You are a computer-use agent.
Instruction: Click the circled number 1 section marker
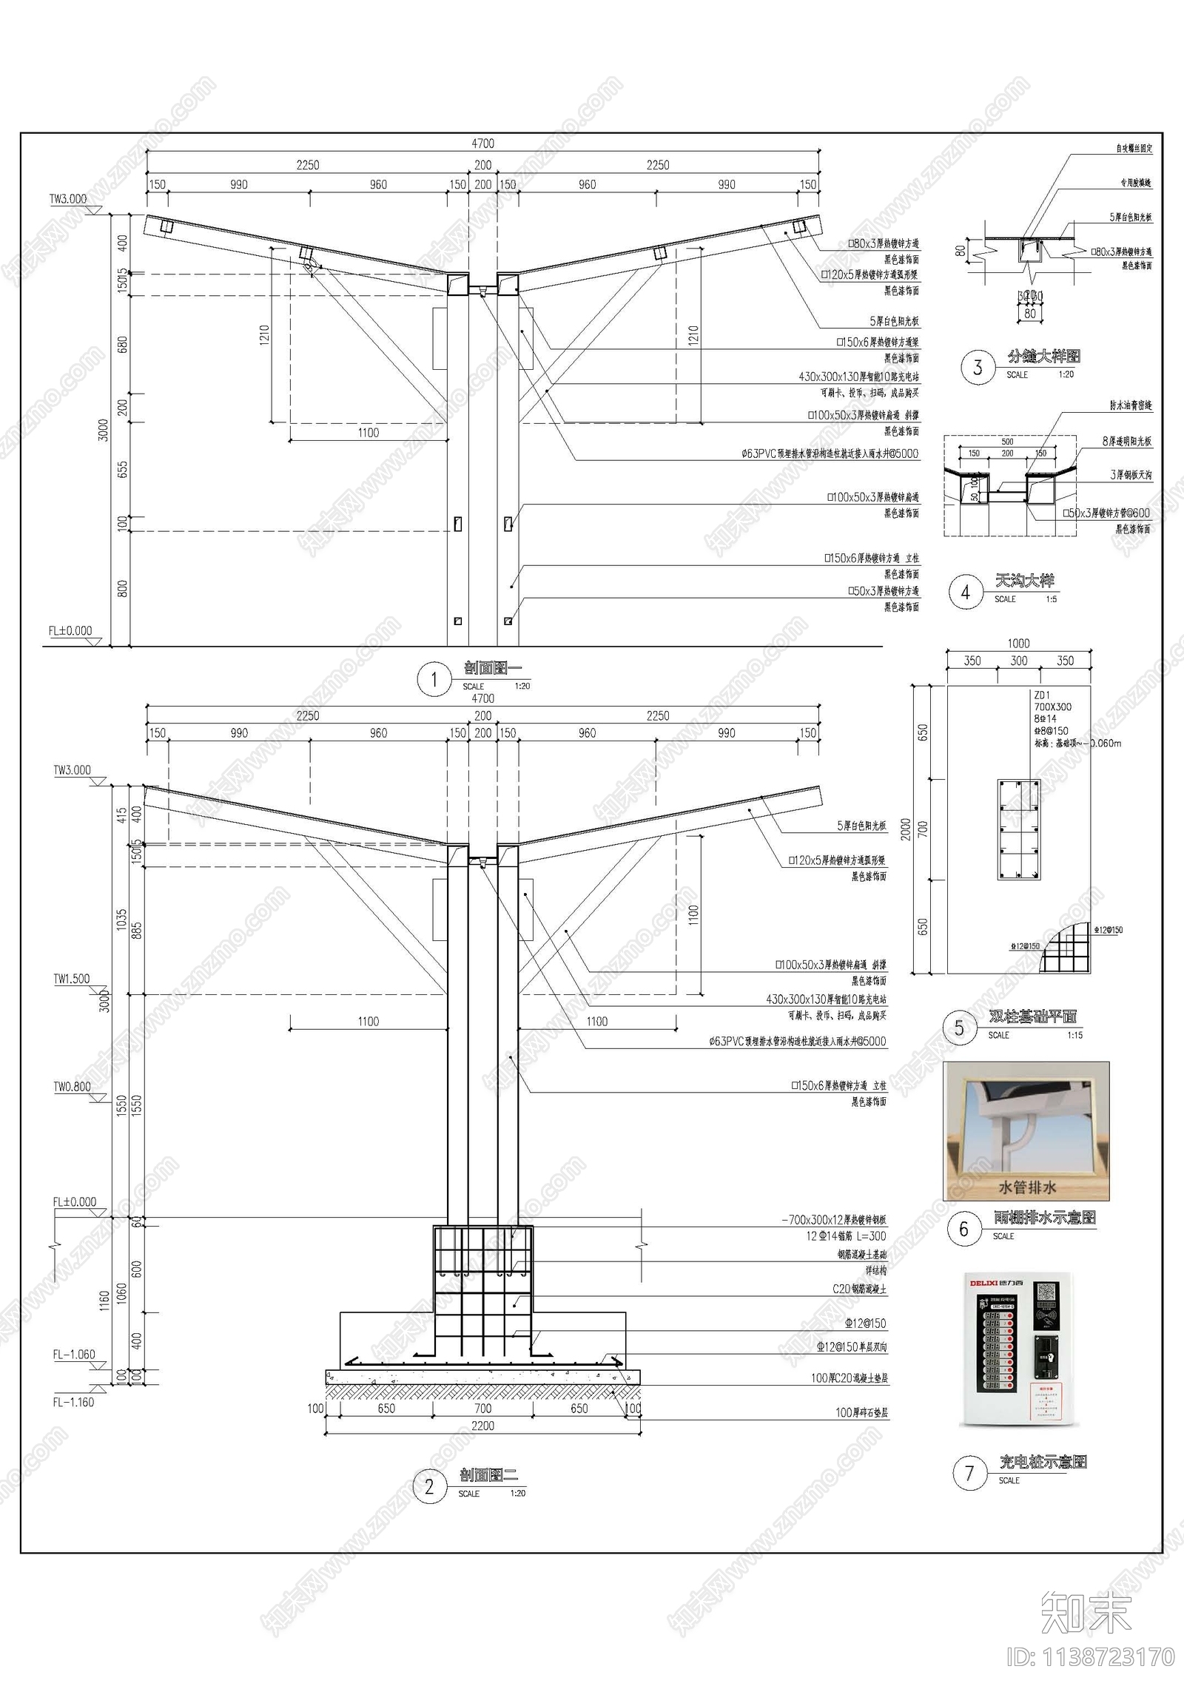point(434,679)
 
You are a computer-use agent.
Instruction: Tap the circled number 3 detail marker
point(978,368)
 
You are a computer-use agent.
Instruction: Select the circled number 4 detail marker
point(965,593)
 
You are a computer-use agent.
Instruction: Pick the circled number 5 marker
point(959,1028)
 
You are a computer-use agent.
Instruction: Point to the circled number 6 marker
point(963,1229)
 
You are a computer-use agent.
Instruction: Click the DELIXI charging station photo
point(1015,1349)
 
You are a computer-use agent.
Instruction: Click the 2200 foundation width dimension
point(482,1426)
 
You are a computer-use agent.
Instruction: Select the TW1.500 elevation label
point(71,979)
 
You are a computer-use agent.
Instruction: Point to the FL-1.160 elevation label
point(73,1402)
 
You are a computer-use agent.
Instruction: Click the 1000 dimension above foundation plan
point(1018,644)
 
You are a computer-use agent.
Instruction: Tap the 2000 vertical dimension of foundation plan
point(905,829)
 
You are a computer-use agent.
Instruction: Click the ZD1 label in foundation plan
point(1042,695)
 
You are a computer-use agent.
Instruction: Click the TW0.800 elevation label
point(72,1087)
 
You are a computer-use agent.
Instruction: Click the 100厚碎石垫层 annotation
point(861,1412)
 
